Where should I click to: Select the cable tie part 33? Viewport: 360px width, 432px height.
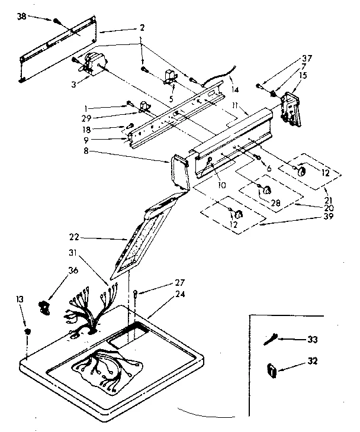coord(274,340)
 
